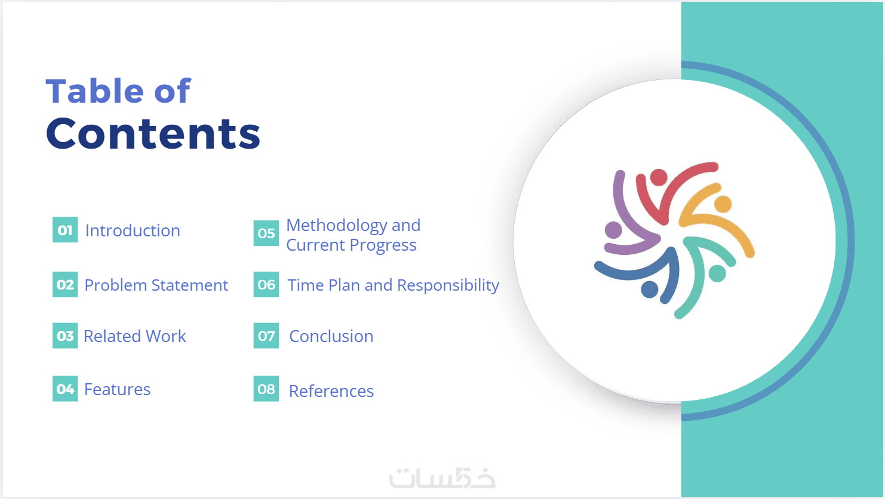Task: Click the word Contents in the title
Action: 153,134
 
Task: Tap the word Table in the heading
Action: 94,91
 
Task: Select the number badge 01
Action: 65,229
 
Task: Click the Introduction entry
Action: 133,230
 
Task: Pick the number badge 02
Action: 65,284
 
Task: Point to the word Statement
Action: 190,285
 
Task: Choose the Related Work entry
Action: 135,336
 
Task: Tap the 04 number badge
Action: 65,389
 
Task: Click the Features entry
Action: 117,389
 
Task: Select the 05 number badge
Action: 266,233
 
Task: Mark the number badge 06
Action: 266,284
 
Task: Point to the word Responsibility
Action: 448,286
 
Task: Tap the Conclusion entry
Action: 331,337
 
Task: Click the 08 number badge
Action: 266,389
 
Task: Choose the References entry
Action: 331,391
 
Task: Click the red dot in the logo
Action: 659,177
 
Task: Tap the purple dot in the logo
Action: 613,230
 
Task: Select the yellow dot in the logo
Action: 723,204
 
